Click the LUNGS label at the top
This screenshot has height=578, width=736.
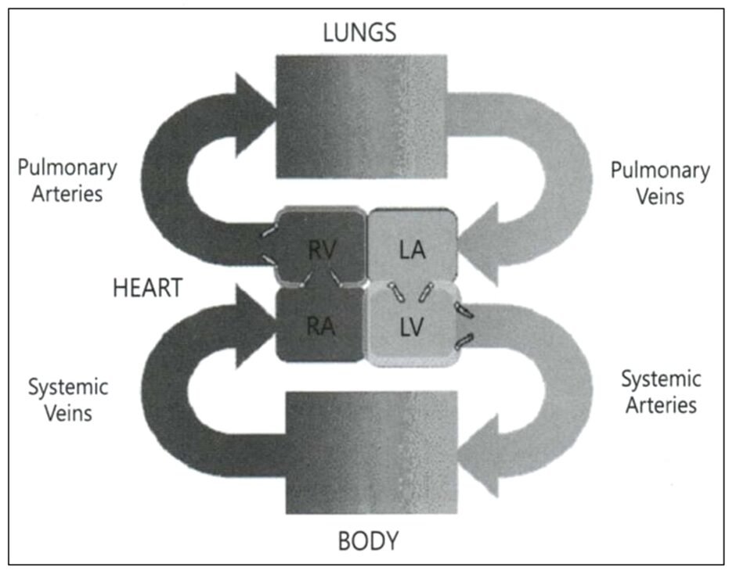(x=360, y=33)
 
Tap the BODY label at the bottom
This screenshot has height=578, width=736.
(x=368, y=540)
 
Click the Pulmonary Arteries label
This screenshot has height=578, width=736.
(x=67, y=181)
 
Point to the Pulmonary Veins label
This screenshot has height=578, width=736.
(x=660, y=182)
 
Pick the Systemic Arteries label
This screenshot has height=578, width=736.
(x=660, y=393)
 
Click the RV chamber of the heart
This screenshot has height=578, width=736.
(x=322, y=250)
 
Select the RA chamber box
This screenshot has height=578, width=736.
(x=320, y=325)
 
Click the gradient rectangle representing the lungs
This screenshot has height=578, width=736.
(x=360, y=117)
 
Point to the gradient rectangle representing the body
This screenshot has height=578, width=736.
(x=371, y=454)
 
